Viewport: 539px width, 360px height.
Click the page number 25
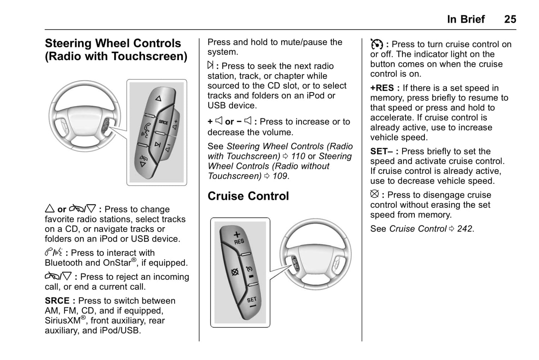pyautogui.click(x=510, y=19)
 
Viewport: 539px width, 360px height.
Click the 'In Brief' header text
pyautogui.click(x=466, y=19)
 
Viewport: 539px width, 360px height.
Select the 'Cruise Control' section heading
pyautogui.click(x=248, y=196)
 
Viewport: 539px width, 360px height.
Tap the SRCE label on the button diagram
pyautogui.click(x=164, y=122)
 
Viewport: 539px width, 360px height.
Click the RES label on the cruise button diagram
pyautogui.click(x=239, y=241)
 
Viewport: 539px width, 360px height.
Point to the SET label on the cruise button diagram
pyautogui.click(x=252, y=300)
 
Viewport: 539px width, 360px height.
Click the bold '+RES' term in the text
pyautogui.click(x=382, y=88)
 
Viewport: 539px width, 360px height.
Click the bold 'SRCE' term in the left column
pyautogui.click(x=57, y=301)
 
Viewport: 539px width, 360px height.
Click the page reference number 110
pyautogui.click(x=298, y=156)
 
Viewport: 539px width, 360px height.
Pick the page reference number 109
pyautogui.click(x=280, y=176)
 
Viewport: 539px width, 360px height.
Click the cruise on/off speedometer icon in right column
pyautogui.click(x=376, y=44)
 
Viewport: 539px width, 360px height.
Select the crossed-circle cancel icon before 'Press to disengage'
pyautogui.click(x=375, y=194)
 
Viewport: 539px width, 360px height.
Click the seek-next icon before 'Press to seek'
pyautogui.click(x=210, y=66)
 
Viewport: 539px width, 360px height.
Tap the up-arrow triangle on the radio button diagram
pyautogui.click(x=159, y=98)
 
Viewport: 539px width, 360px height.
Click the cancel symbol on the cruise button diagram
pyautogui.click(x=235, y=272)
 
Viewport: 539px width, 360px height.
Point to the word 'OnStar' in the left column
pyautogui.click(x=117, y=263)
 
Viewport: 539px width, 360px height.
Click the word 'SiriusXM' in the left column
pyautogui.click(x=62, y=320)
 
